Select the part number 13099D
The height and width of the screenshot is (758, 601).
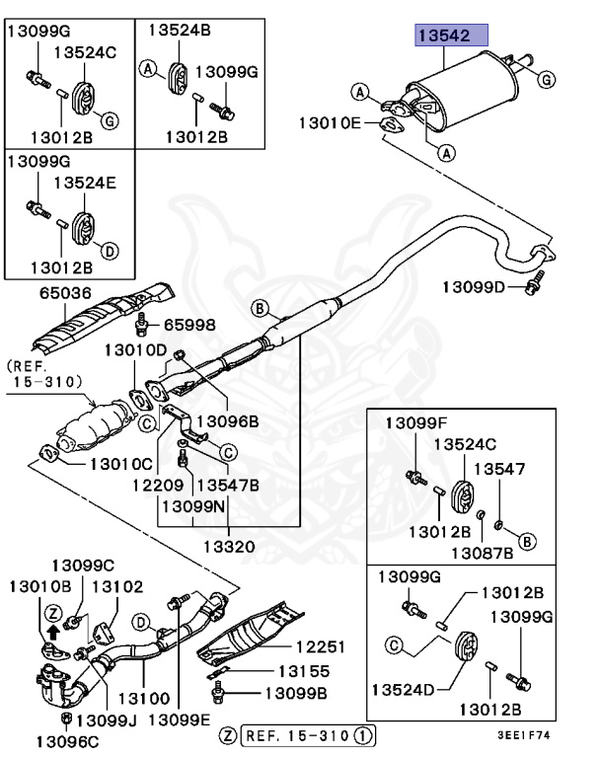coord(475,286)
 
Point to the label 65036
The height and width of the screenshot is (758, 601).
coord(64,293)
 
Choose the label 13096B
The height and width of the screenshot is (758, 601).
coord(226,420)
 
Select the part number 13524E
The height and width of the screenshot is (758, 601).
coord(85,183)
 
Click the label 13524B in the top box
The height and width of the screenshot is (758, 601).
coord(181,31)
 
